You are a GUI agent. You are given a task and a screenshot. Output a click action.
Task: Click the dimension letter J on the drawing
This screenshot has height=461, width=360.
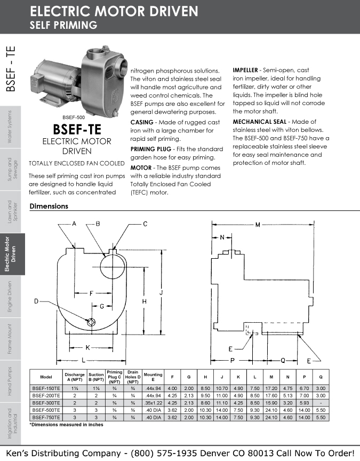[161, 292]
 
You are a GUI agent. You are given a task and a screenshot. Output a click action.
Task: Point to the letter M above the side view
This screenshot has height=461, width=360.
[258, 225]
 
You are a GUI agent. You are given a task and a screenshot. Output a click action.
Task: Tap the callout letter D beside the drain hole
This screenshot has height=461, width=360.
[37, 301]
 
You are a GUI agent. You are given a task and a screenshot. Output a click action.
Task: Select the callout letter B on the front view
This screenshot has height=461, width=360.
[98, 224]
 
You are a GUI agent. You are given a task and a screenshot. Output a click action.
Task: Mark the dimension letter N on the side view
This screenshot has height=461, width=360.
[222, 237]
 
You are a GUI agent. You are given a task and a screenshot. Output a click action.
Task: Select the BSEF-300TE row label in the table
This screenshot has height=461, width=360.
[46, 403]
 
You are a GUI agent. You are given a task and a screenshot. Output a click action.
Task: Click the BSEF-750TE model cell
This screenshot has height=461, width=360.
[46, 417]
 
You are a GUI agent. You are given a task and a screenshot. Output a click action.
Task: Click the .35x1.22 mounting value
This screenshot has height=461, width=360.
[153, 403]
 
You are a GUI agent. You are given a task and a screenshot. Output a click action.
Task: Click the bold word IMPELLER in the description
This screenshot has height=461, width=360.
[245, 70]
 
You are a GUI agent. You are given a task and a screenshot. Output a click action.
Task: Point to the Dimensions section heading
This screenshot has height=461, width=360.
[49, 206]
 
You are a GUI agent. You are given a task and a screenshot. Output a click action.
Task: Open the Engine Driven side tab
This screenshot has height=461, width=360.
[10, 297]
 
